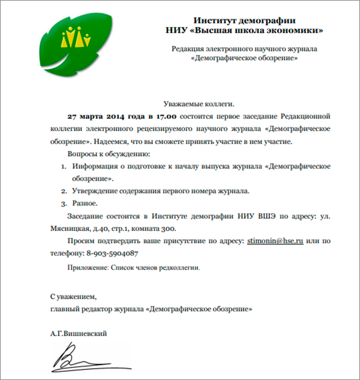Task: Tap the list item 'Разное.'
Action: [85, 203]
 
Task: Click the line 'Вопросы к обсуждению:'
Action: [109, 154]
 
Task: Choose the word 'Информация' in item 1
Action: [96, 166]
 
